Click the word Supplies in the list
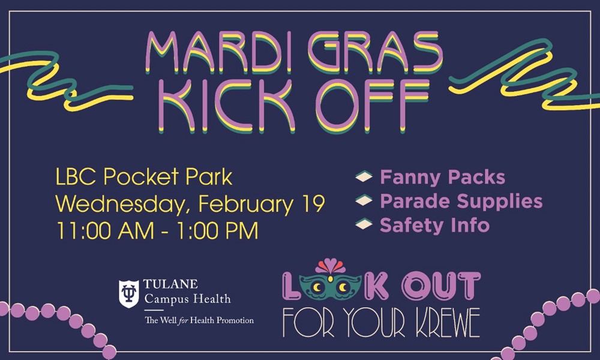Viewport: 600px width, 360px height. coord(503,202)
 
